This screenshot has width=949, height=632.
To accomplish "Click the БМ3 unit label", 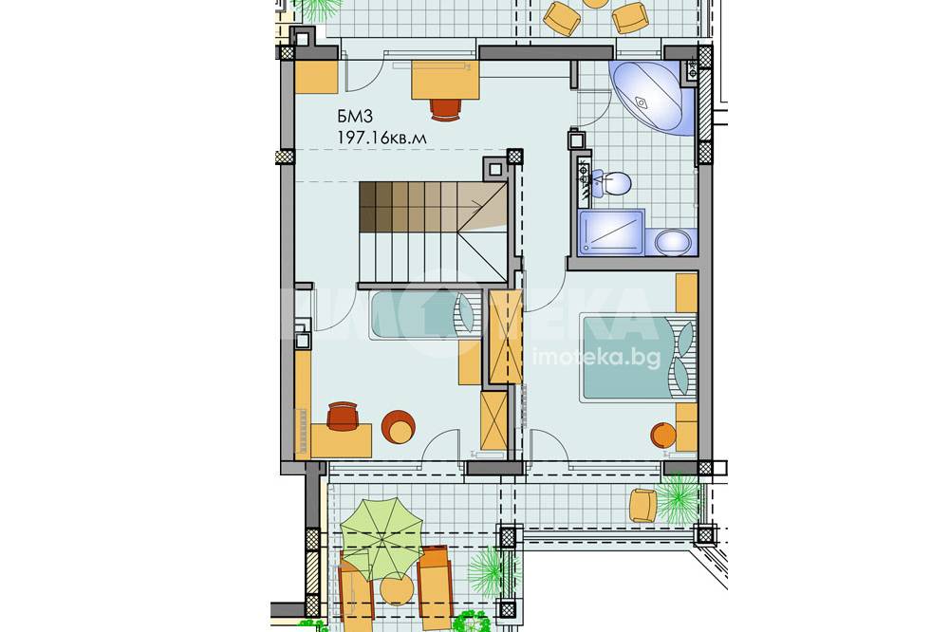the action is point(355,118).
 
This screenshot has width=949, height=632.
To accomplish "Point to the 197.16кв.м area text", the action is point(382,139).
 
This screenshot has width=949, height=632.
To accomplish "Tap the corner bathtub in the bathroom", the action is point(651,96).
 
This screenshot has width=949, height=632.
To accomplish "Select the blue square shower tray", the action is point(611,232).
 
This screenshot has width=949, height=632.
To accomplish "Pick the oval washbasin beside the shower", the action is point(673,243).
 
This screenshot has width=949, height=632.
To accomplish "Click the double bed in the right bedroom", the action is point(638,357).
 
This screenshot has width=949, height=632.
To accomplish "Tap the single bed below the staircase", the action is point(424,315).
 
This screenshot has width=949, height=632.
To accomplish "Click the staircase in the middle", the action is point(432,232).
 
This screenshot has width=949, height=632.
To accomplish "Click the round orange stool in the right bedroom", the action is point(663,435).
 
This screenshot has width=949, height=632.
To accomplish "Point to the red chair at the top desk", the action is point(446,109).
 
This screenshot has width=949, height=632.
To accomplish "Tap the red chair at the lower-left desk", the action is point(343,415).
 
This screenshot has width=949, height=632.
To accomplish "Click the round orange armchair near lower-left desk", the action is point(399,427).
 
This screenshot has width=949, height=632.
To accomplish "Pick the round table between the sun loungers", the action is point(397,588).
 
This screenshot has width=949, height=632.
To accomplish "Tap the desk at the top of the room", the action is point(445,79).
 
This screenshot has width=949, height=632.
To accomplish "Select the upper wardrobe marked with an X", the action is point(506,337).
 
